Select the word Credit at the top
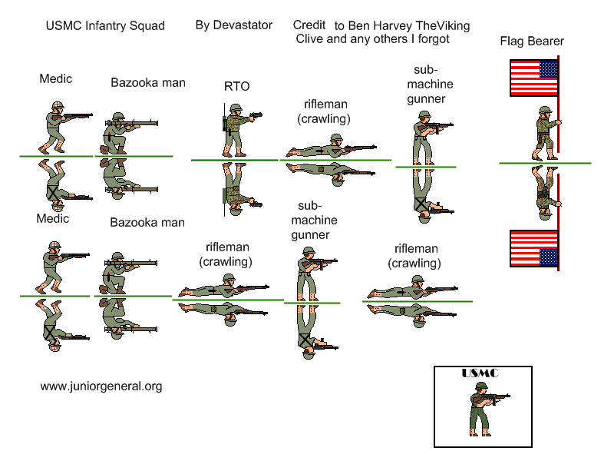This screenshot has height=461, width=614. pos(309,25)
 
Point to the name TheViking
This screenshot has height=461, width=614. pos(441,25)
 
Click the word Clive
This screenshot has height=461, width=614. pos(310,38)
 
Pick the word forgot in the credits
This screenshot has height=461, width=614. pos(431,38)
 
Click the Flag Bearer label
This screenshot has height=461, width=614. pos(532,41)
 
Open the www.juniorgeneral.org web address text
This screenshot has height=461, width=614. pos(101,386)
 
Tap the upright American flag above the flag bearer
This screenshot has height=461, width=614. pos(533,78)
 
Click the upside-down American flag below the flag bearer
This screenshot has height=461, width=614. pos(533,248)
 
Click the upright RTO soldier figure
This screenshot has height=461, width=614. pos(236,131)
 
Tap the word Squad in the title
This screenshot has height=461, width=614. pos(148,26)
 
